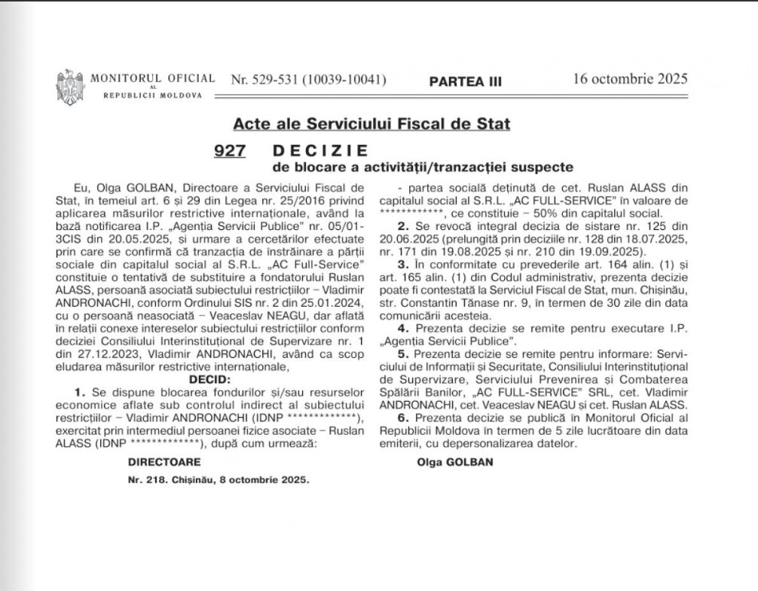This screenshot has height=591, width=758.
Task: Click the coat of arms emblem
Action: point(69,85)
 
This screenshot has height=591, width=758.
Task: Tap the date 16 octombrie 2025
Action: point(630,78)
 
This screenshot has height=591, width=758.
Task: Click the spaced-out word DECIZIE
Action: point(319,150)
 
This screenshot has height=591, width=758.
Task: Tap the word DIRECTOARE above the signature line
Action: point(153,459)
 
